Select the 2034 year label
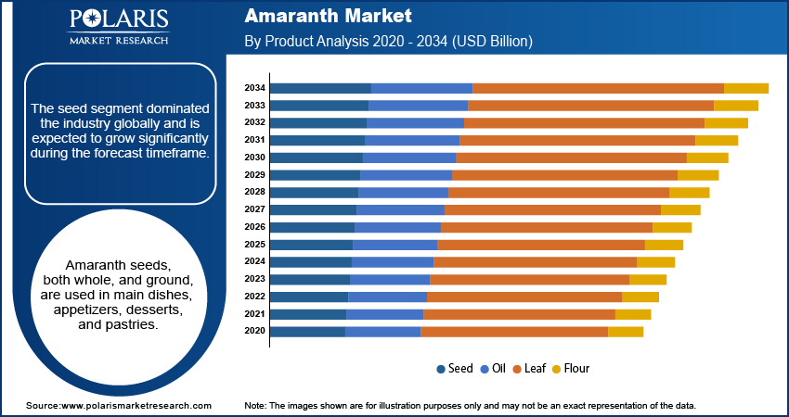(x=255, y=88)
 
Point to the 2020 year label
(x=255, y=332)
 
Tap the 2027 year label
(x=255, y=209)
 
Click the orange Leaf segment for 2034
(x=598, y=88)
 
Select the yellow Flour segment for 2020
(x=626, y=332)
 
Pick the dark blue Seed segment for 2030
(x=317, y=158)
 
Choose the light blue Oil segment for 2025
(x=394, y=245)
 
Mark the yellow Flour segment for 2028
(x=689, y=193)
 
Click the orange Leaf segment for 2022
(x=524, y=297)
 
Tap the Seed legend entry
(x=455, y=368)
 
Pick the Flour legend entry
(x=571, y=368)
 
